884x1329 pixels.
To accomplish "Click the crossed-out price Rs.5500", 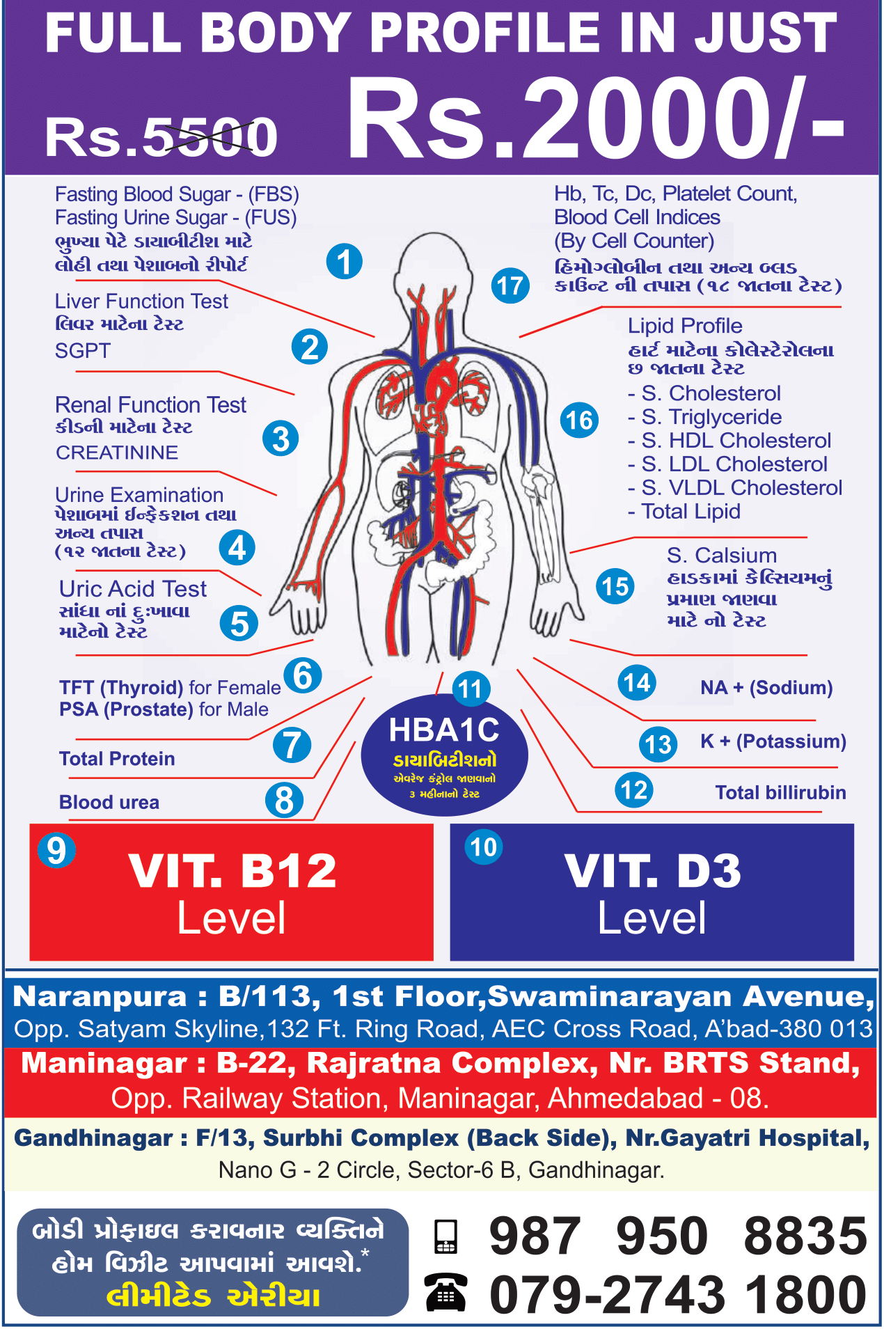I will (x=161, y=136).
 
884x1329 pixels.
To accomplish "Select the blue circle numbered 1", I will (x=345, y=262).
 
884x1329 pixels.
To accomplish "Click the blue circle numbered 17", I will (x=510, y=286).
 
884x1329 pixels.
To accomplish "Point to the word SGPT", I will (x=83, y=351).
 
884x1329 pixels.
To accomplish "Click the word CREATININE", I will (x=117, y=453).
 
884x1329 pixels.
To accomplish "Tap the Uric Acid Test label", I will (x=133, y=589).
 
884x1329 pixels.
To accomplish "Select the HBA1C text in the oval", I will (x=444, y=730).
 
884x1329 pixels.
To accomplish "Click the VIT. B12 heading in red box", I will (x=232, y=871).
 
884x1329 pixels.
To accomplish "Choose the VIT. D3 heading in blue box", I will (x=652, y=871).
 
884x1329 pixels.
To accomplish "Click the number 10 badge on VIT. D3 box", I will (x=484, y=847).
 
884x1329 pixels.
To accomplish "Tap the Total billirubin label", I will (x=780, y=792).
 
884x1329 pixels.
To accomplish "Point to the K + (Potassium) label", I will (x=773, y=741).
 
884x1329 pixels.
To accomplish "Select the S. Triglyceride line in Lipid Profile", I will (x=711, y=417).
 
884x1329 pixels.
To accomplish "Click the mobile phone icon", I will (x=445, y=1237).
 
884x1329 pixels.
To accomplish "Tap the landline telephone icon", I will (x=446, y=1293).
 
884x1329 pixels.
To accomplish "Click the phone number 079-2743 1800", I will (x=678, y=1295).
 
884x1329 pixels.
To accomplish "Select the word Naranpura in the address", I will (x=100, y=997).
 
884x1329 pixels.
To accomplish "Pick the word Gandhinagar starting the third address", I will (x=93, y=1138).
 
